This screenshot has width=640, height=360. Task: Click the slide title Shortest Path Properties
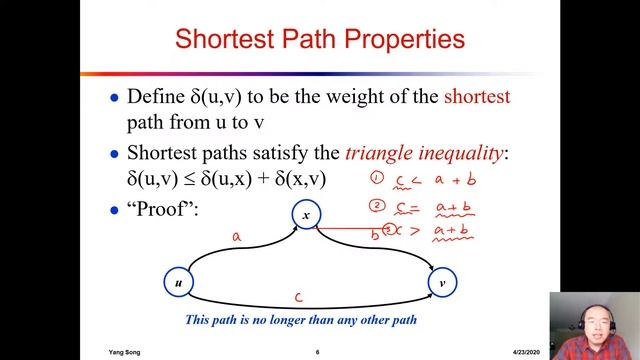coord(319,40)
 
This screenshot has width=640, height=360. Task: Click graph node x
coord(307,214)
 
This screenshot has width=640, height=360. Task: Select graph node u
coord(178,283)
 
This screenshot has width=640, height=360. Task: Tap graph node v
coord(442,283)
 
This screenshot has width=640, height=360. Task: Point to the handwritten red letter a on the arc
coord(236,237)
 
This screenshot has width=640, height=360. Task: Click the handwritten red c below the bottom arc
coord(299,297)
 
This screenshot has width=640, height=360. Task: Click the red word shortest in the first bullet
coord(476,97)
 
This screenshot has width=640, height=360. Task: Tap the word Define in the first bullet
coord(156,97)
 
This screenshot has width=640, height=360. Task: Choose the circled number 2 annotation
coord(377,206)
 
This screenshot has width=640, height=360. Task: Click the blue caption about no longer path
coord(300,320)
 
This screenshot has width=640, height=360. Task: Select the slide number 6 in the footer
coord(317,352)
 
